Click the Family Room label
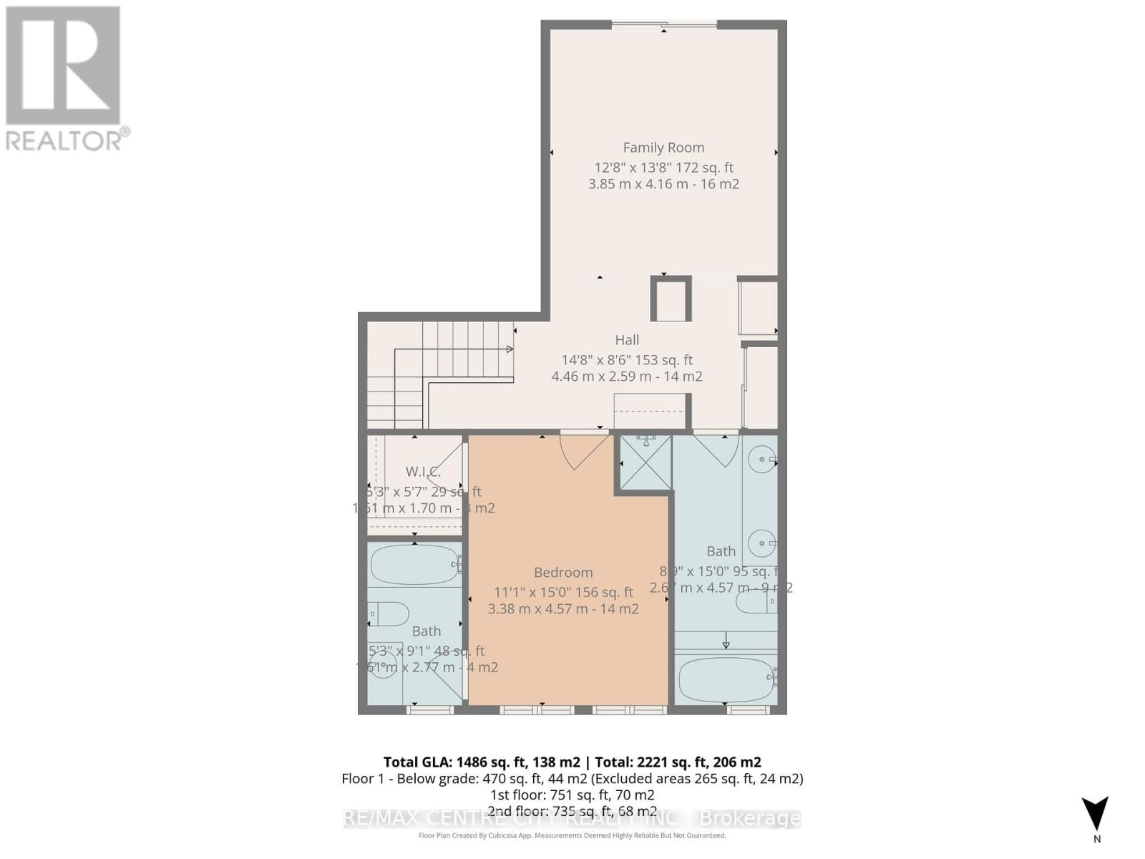point(663,147)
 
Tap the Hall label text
point(627,340)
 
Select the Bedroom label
point(563,573)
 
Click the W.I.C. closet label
point(423,472)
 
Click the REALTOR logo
point(64,79)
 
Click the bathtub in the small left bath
point(414,565)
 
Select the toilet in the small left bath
point(389,613)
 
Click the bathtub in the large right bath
point(725,679)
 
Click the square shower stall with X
point(645,463)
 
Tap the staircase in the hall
point(444,372)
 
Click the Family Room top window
point(664,25)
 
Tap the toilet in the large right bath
point(755,601)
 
